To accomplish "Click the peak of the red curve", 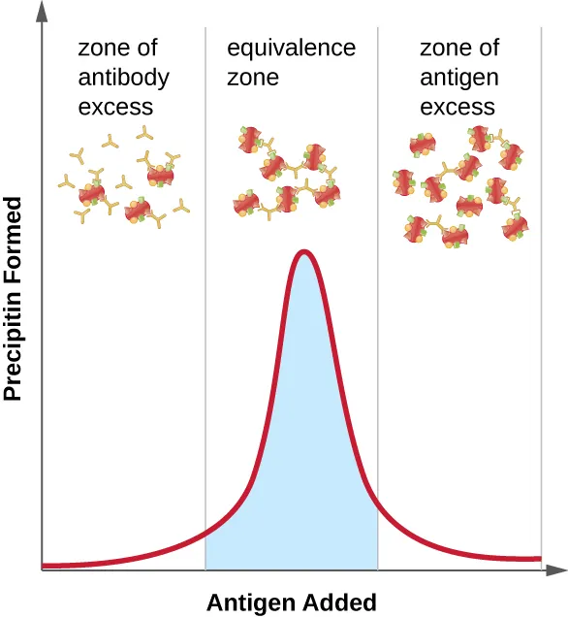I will tap(304, 252).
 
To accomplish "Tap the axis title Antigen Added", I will tap(291, 602).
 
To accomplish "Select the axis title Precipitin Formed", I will tap(14, 299).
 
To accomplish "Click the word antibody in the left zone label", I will tap(123, 77).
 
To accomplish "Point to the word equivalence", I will tap(291, 48).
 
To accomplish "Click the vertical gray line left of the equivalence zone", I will tap(205, 291).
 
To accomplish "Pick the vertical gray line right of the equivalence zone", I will tap(377, 291).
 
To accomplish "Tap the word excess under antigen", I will tap(458, 106).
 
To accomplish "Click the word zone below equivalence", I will tap(252, 77).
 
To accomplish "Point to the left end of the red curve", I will tap(45, 565).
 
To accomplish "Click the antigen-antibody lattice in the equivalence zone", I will tap(287, 175).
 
